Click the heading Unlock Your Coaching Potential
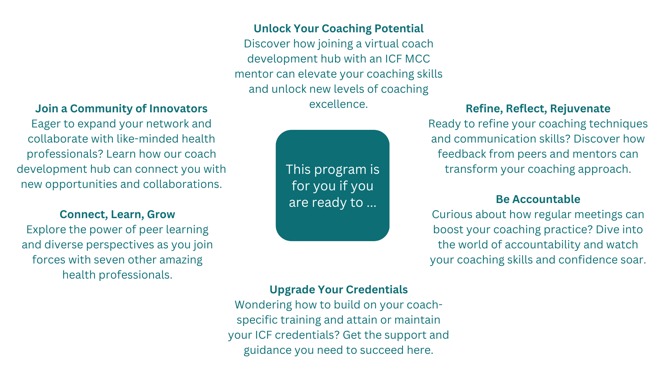tap(338, 29)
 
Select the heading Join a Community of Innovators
tap(121, 109)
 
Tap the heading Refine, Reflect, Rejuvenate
tap(538, 109)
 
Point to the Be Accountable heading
tap(538, 199)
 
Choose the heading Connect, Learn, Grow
tap(117, 214)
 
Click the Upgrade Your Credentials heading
tap(338, 290)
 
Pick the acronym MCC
tap(417, 59)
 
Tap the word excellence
tap(338, 104)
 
